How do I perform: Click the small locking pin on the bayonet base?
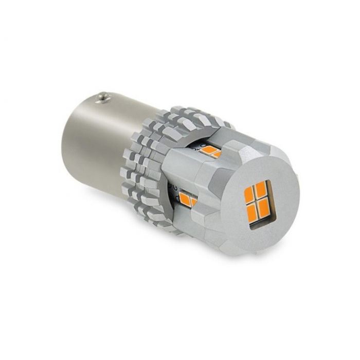tap(103, 96)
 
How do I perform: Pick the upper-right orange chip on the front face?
tap(261, 189)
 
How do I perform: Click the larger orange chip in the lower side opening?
tap(185, 199)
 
